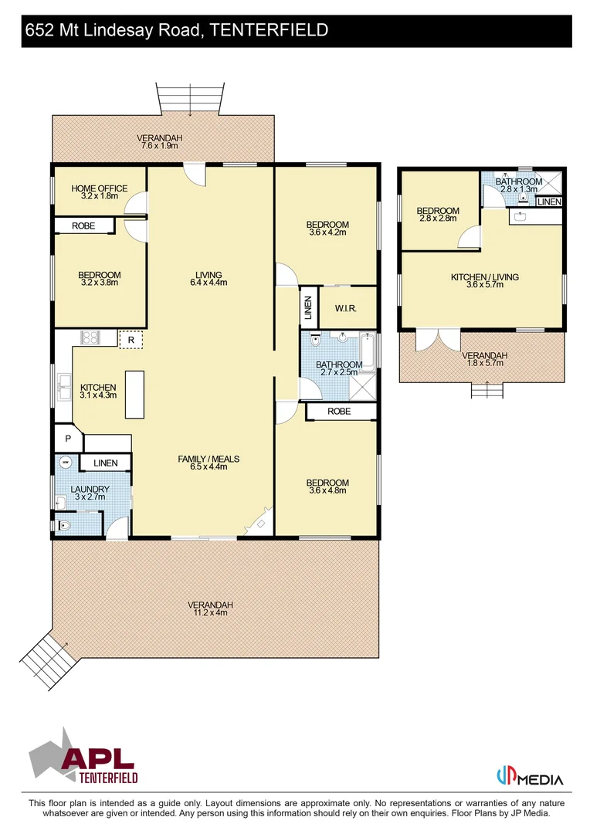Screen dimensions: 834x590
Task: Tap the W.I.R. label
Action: pyautogui.click(x=344, y=309)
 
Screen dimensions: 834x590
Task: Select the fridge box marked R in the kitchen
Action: pyautogui.click(x=131, y=339)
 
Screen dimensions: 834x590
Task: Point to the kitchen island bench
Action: pyautogui.click(x=135, y=394)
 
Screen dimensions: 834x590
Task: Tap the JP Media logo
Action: pyautogui.click(x=529, y=777)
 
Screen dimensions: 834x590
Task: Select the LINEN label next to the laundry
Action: pyautogui.click(x=106, y=463)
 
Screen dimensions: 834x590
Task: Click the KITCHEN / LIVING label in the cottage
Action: pyautogui.click(x=484, y=277)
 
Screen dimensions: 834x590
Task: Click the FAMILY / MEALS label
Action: pyautogui.click(x=209, y=459)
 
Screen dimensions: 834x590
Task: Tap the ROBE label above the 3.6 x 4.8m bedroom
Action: pyautogui.click(x=339, y=412)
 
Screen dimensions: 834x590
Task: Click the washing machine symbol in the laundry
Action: pyautogui.click(x=66, y=463)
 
